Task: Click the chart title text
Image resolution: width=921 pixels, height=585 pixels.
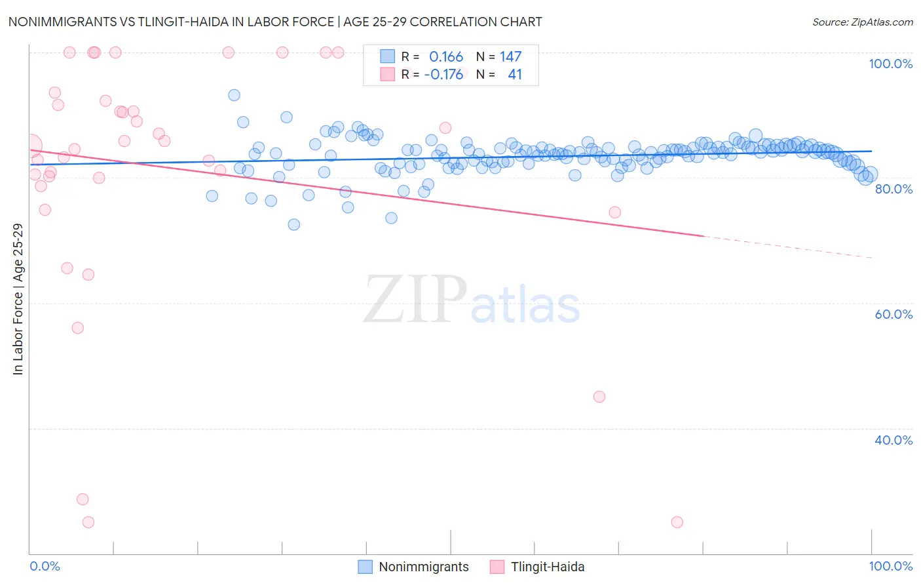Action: (x=275, y=22)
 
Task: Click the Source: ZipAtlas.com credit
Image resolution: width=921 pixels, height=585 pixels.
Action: (x=862, y=22)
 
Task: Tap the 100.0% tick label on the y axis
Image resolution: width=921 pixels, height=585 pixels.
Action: (x=890, y=64)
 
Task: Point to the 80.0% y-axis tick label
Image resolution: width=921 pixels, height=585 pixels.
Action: (x=893, y=189)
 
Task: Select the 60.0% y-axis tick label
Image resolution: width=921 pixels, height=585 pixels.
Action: (x=893, y=314)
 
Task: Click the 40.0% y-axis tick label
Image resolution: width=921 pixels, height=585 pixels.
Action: (x=893, y=440)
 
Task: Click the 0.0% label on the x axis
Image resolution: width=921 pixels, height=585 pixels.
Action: (x=45, y=566)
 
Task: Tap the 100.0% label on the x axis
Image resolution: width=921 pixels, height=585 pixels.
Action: (x=890, y=566)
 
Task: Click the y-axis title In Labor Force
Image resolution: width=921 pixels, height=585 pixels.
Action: (x=18, y=299)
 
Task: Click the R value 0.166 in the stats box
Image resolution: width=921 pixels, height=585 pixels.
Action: (x=446, y=57)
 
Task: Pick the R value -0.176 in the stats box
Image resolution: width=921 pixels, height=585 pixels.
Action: (x=443, y=75)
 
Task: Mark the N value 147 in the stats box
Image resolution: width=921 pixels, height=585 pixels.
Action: (x=510, y=57)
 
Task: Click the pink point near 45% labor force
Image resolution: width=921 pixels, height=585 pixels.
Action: (x=599, y=397)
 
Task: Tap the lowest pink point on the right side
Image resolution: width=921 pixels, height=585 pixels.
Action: (x=677, y=522)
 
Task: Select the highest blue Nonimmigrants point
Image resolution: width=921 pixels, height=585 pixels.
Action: (x=234, y=95)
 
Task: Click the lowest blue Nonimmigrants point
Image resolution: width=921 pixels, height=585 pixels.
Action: (x=293, y=224)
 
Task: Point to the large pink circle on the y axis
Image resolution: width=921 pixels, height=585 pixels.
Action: (x=30, y=146)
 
